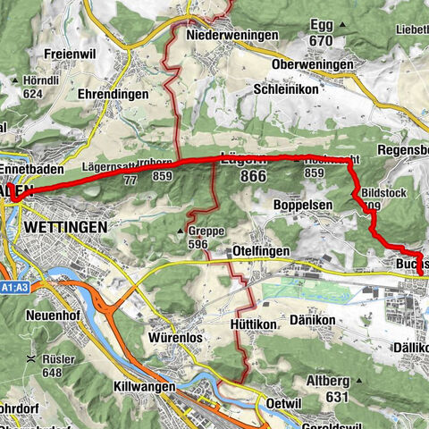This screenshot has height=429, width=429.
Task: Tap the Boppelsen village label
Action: [302, 205]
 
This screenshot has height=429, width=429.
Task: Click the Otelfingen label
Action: [260, 251]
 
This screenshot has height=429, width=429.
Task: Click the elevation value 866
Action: [253, 177]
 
